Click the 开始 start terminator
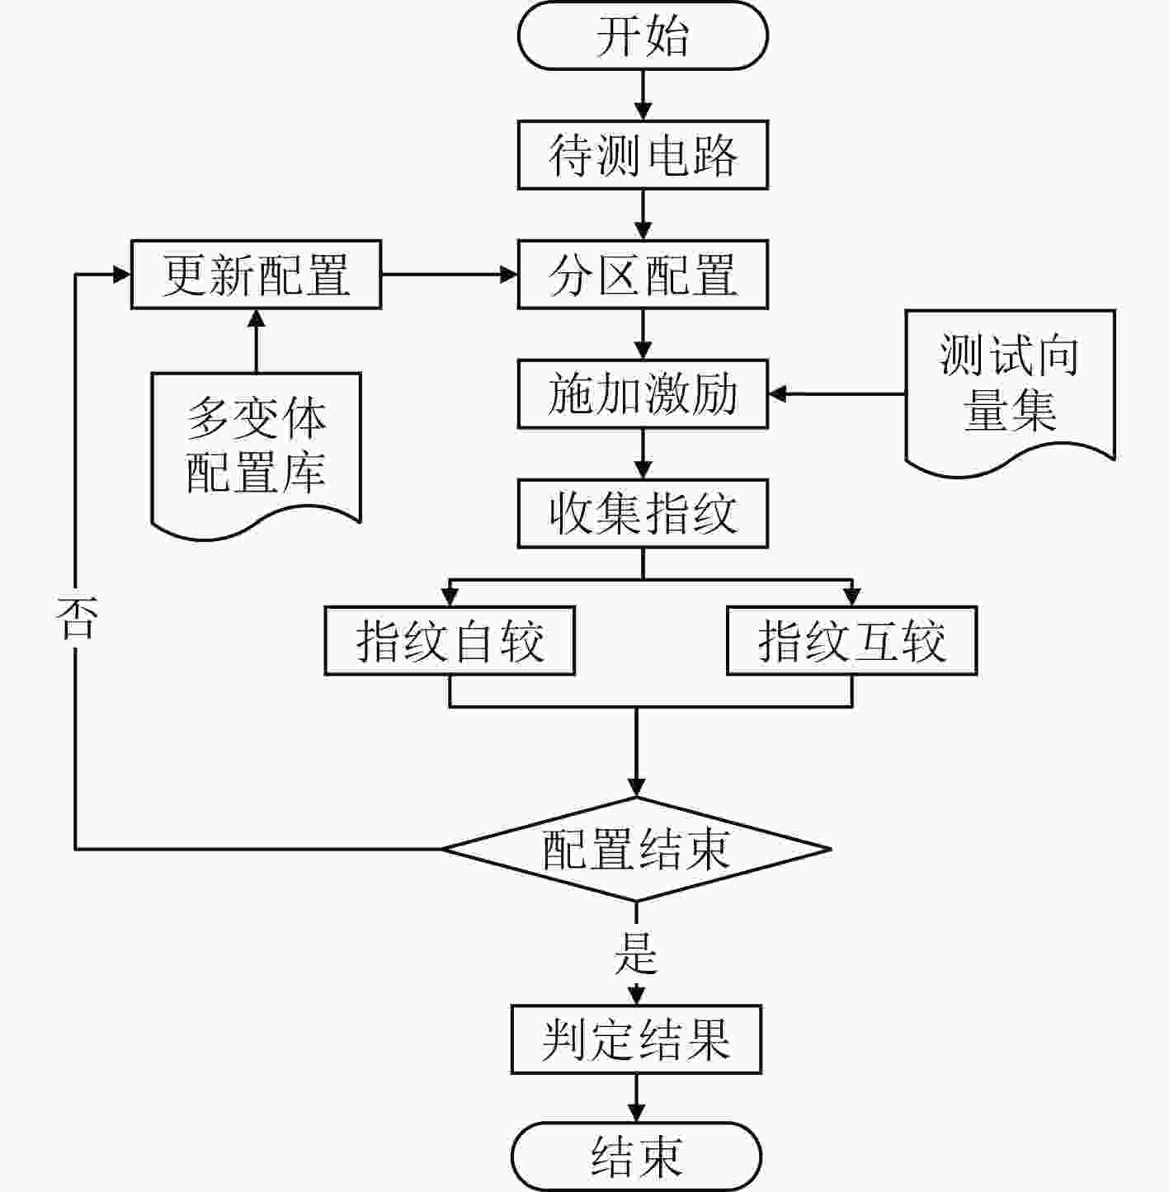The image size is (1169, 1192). pyautogui.click(x=643, y=35)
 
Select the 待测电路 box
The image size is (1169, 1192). pyautogui.click(x=643, y=154)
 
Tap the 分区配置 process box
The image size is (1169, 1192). pyautogui.click(x=643, y=274)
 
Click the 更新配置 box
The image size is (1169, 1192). pyautogui.click(x=257, y=274)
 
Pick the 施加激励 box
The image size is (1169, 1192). pyautogui.click(x=643, y=393)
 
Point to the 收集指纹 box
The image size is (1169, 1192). pyautogui.click(x=643, y=513)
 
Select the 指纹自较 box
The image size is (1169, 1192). pyautogui.click(x=450, y=640)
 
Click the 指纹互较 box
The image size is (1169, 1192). pyautogui.click(x=852, y=640)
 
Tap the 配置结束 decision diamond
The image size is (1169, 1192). pyautogui.click(x=637, y=850)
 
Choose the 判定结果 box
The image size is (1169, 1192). pyautogui.click(x=637, y=1039)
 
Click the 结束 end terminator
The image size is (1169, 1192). pyautogui.click(x=637, y=1157)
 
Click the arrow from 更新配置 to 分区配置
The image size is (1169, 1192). pyautogui.click(x=450, y=274)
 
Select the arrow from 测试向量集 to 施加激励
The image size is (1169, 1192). pyautogui.click(x=837, y=393)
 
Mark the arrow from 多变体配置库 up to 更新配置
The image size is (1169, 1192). pyautogui.click(x=257, y=341)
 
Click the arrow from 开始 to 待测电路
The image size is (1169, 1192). pyautogui.click(x=643, y=95)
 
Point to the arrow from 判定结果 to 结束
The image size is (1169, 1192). pyautogui.click(x=637, y=1098)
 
